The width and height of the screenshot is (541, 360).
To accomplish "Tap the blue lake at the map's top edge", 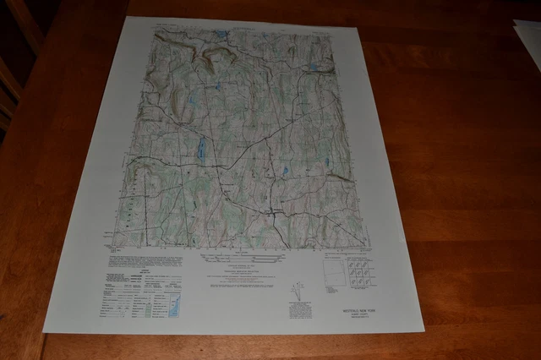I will pos(221,35).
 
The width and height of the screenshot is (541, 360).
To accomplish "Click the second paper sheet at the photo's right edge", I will pos(528,42).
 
